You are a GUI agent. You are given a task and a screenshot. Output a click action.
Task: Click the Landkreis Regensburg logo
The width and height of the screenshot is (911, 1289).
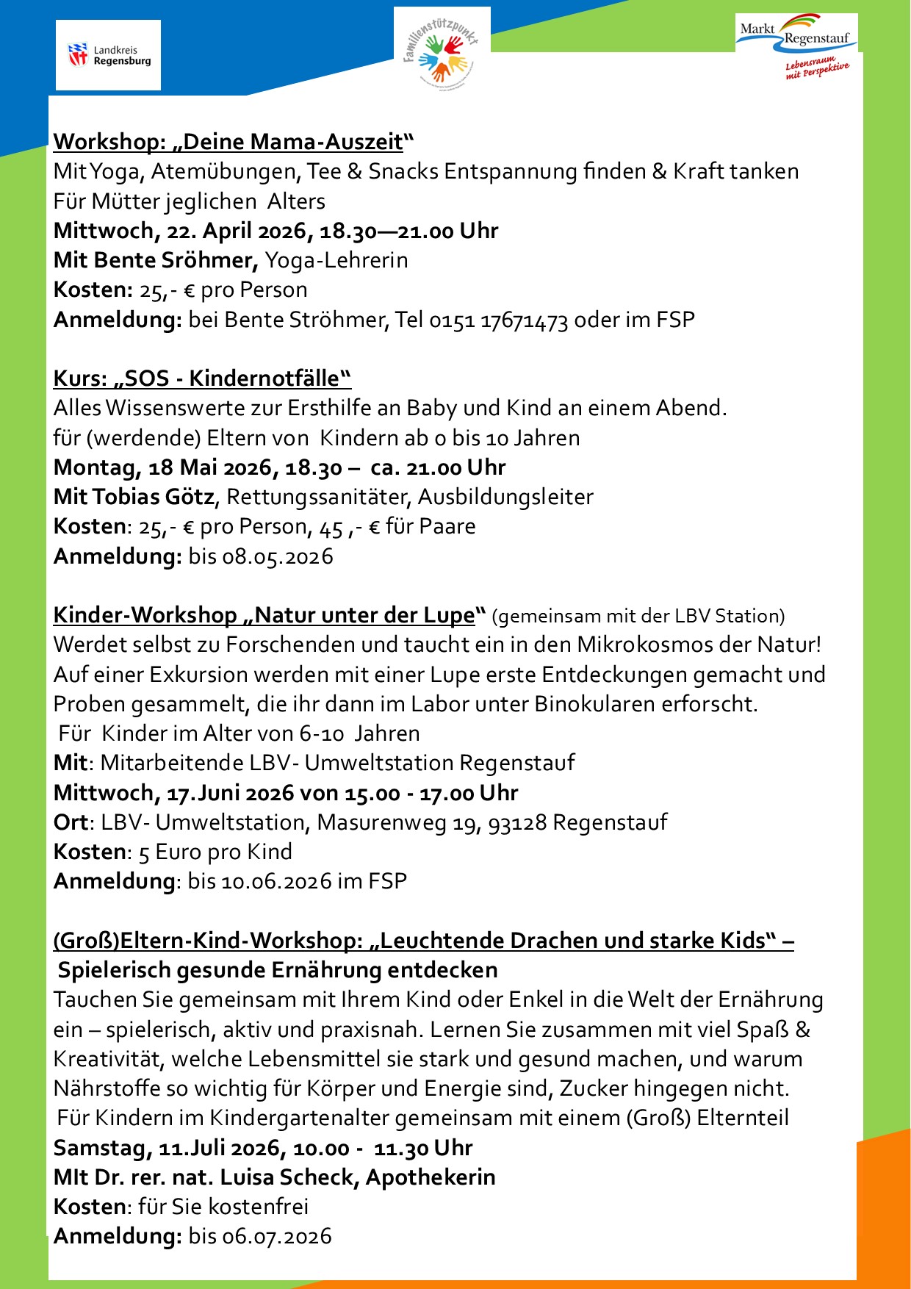[109, 55]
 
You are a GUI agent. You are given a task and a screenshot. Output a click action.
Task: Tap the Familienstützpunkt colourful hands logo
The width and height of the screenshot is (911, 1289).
[442, 49]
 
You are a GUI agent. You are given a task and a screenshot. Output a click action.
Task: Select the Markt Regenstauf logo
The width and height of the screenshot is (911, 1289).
[796, 45]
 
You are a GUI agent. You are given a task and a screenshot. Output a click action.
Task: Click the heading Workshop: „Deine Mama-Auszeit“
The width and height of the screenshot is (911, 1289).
[234, 141]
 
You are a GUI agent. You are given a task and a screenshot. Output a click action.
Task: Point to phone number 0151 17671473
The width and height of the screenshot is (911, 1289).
[499, 320]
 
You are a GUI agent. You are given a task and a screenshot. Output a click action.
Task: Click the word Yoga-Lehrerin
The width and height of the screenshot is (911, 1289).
[336, 260]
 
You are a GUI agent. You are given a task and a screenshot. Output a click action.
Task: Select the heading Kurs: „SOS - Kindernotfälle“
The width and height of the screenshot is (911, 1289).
[202, 378]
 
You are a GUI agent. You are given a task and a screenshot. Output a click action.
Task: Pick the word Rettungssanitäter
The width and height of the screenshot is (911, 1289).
[317, 497]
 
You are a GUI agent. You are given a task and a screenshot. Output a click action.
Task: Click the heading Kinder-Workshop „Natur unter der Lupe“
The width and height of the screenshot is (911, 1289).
[270, 615]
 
